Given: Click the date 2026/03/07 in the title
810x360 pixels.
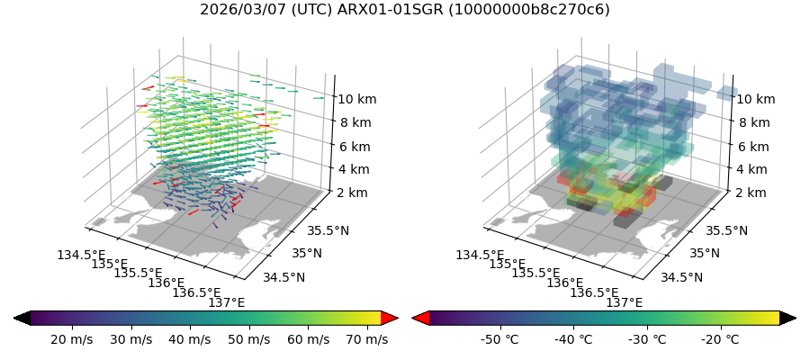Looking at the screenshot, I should pos(238,10).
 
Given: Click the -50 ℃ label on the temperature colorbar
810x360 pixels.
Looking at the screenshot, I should pos(499,339).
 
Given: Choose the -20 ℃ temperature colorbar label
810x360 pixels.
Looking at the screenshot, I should pos(719,339).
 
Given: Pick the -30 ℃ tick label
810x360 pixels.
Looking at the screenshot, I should pos(646,339).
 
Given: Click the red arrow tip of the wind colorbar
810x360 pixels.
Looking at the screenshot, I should pos(390,318).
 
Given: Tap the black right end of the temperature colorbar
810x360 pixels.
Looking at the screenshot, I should pos(787,318).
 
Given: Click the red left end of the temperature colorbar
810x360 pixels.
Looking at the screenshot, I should pos(420,318).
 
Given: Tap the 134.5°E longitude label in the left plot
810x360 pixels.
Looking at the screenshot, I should pos(80,255).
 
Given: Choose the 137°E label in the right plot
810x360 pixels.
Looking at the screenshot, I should pos(625,302).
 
